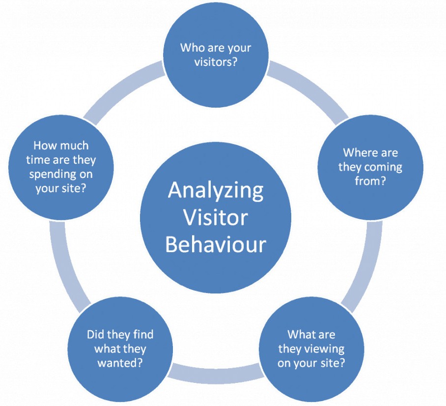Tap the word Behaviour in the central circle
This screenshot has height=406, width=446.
point(216,244)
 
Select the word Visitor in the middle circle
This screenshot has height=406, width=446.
point(215,218)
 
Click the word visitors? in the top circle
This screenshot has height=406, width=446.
point(216,62)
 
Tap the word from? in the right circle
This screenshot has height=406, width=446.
point(370,181)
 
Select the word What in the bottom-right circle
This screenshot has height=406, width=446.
point(300,334)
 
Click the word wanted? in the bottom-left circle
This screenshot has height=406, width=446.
point(119,363)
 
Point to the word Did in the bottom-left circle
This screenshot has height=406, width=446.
point(94,334)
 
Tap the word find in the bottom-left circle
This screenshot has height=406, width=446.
point(142,334)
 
